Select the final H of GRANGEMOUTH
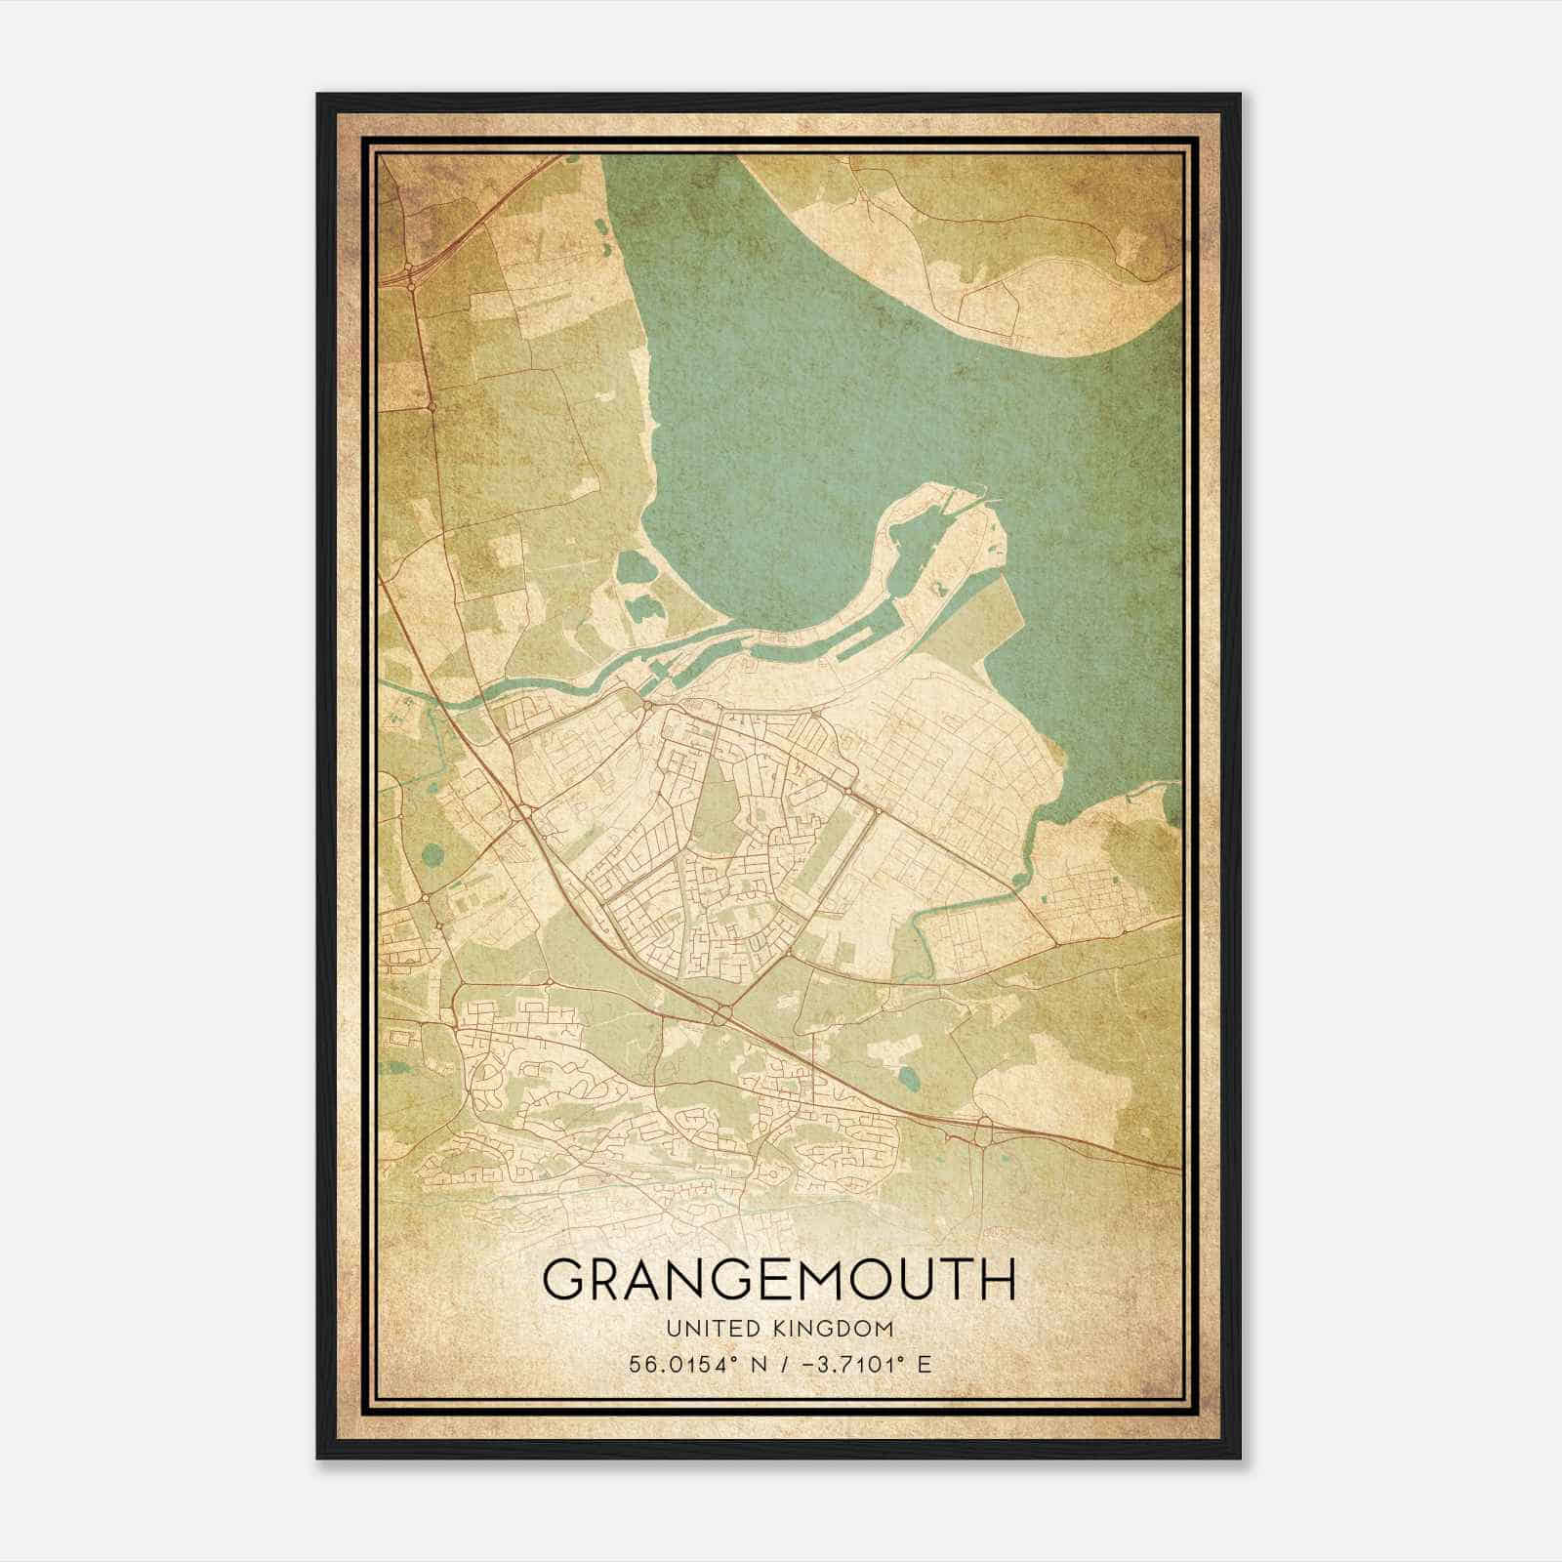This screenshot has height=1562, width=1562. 997,1280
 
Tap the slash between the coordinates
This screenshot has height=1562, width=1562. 785,1364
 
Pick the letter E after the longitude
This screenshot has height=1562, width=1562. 925,1364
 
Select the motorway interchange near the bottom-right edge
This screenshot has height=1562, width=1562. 983,1130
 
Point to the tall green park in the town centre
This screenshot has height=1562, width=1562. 719,810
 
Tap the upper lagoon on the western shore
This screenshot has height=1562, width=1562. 634,566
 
